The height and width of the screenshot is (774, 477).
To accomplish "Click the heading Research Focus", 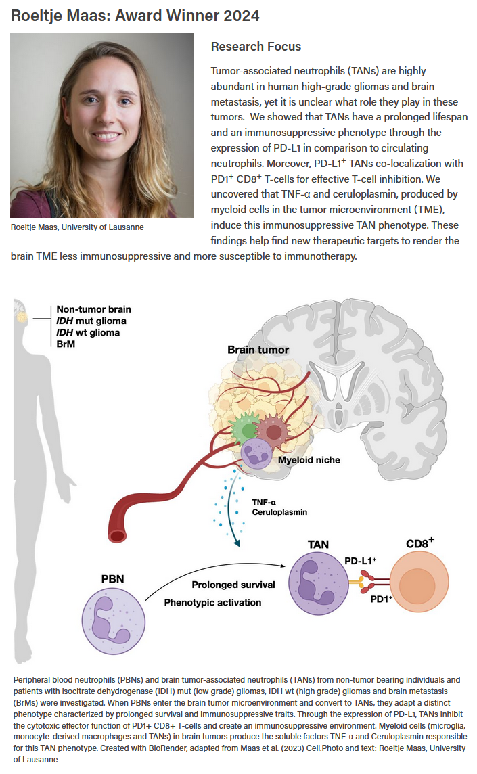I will click(x=256, y=47).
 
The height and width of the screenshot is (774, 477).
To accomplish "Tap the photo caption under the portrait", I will click(x=77, y=227).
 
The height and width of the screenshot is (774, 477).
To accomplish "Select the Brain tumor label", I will click(x=258, y=350).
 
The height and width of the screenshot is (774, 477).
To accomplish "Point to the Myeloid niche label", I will click(x=308, y=460).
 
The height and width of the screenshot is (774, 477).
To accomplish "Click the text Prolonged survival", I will click(x=233, y=584).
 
